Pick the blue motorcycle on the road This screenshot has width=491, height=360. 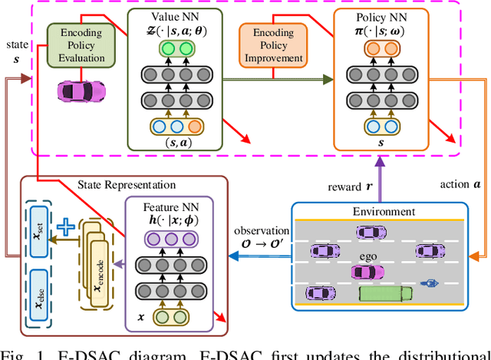[427, 284]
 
